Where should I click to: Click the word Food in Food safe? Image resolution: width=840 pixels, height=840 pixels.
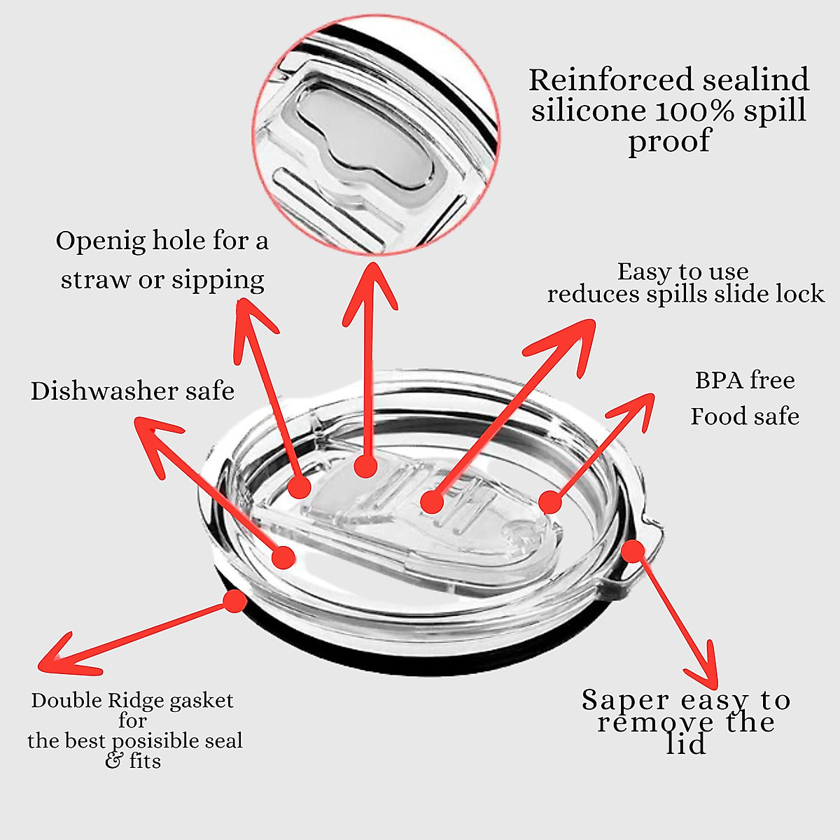pos(713,416)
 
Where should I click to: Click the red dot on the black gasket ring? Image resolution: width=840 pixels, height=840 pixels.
pos(234,601)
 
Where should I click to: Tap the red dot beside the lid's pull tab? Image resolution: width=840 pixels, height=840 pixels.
pos(633,551)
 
